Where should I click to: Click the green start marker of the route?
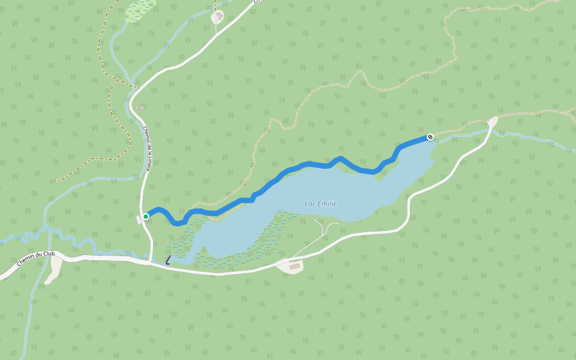click(146, 217)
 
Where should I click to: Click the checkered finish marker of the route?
click(430, 137)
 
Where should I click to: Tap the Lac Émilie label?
click(320, 204)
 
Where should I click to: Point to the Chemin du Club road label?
click(35, 258)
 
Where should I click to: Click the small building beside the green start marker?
click(140, 220)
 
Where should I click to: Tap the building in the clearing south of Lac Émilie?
click(294, 266)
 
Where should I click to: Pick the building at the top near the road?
click(217, 17)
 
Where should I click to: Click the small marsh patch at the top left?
click(139, 11)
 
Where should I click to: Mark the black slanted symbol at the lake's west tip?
click(169, 260)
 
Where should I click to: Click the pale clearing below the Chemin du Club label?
click(53, 271)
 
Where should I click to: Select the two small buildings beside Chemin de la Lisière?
click(139, 108)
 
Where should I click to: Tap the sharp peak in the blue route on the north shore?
click(341, 158)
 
